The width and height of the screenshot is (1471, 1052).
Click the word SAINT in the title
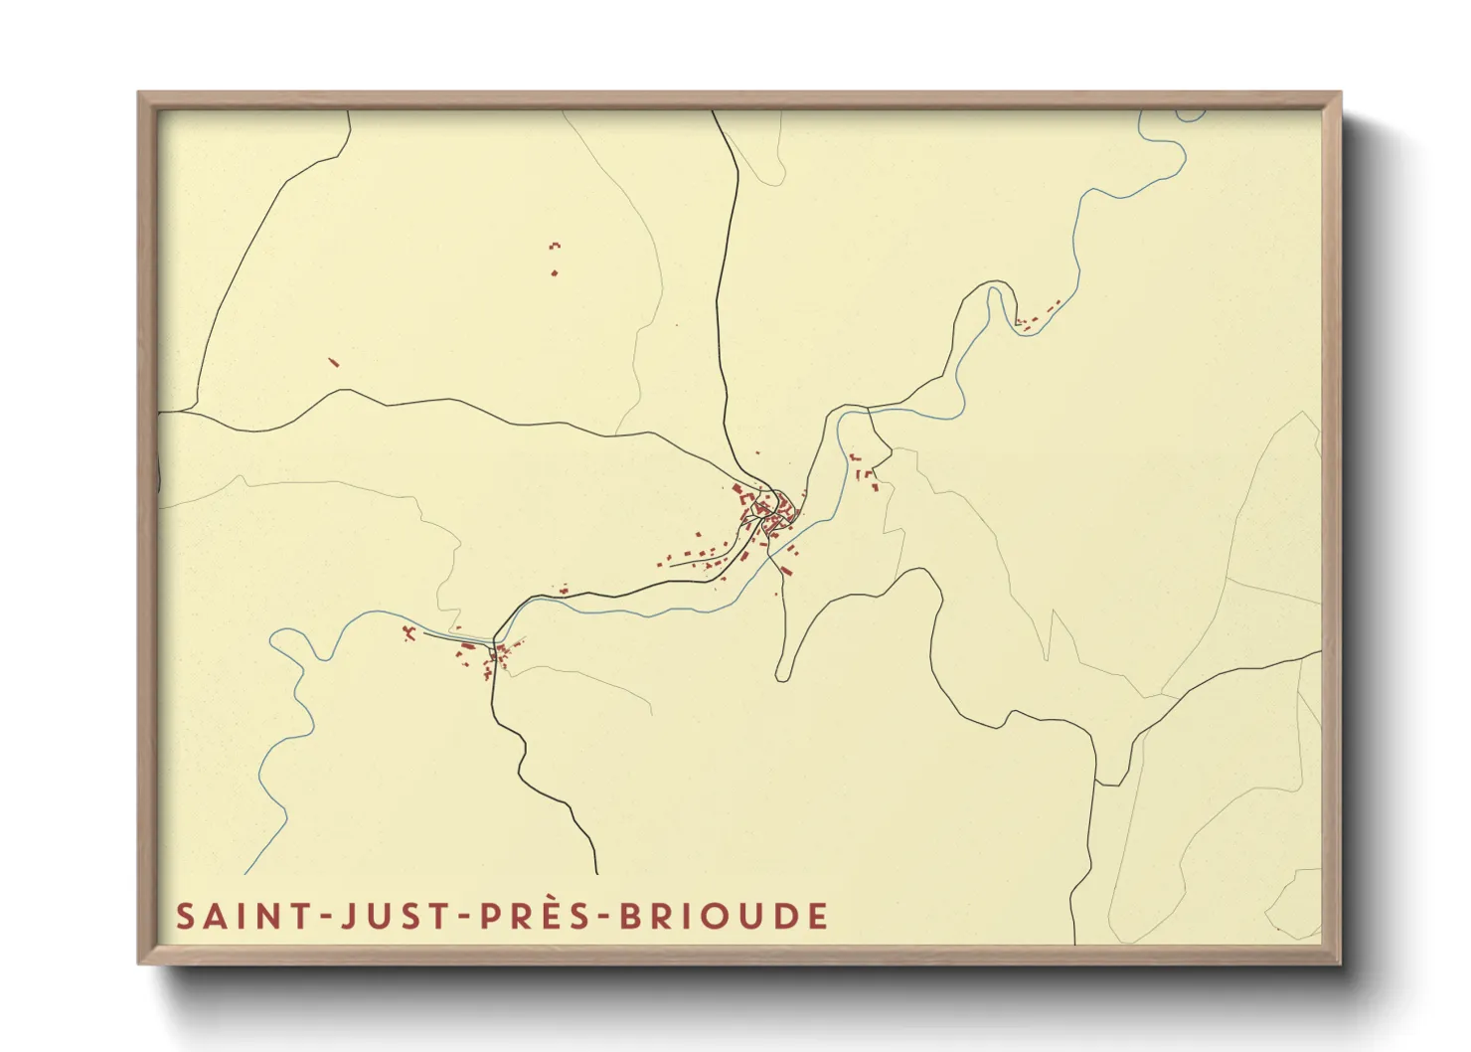231,916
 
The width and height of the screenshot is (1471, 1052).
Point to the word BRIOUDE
724,916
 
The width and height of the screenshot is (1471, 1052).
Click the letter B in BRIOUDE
630,916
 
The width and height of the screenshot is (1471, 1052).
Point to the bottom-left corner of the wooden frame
140,962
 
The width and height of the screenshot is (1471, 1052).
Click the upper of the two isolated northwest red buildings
555,244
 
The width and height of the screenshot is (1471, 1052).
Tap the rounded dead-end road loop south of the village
783,673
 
